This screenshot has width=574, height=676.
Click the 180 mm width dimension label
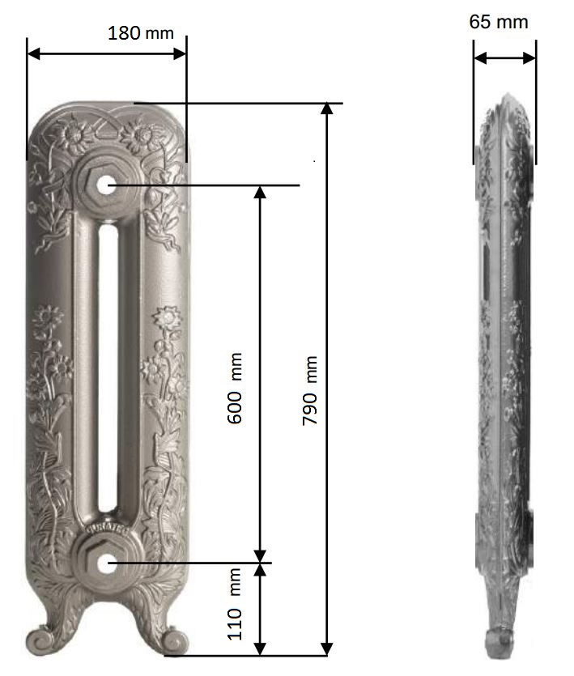[141, 33]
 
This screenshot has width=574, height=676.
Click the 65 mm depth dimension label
[499, 22]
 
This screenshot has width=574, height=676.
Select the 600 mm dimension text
[235, 388]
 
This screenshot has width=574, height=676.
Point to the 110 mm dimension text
[235, 604]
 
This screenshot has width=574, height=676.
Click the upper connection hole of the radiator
[105, 185]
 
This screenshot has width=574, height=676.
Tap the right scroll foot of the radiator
[172, 640]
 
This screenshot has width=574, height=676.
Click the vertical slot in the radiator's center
[108, 368]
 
